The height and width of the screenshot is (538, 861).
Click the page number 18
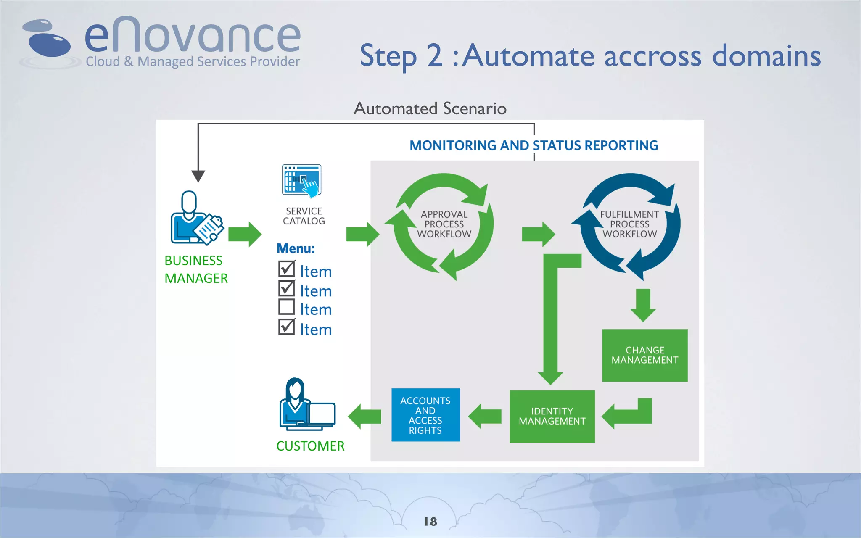pyautogui.click(x=430, y=522)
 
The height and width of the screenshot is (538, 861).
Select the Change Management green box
pyautogui.click(x=644, y=355)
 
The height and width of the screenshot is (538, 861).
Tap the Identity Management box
pyautogui.click(x=552, y=416)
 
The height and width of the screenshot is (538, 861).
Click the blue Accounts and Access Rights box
pyautogui.click(x=425, y=415)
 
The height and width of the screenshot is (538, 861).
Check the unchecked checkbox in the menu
pyautogui.click(x=287, y=307)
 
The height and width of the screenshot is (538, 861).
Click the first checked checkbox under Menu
pyautogui.click(x=287, y=269)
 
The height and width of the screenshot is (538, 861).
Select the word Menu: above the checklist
pyautogui.click(x=296, y=248)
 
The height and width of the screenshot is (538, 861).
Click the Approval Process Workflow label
pyautogui.click(x=444, y=224)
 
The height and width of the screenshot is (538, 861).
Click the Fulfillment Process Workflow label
pyautogui.click(x=629, y=224)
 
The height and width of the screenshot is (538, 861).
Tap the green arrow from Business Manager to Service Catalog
pyautogui.click(x=245, y=234)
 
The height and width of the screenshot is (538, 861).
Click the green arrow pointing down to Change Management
pyautogui.click(x=643, y=305)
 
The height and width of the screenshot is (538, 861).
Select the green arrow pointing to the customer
pyautogui.click(x=364, y=416)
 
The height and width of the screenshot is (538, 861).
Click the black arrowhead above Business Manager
pyautogui.click(x=198, y=176)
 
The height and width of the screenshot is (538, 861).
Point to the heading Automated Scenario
pyautogui.click(x=430, y=108)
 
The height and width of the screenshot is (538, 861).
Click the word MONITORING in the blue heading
pyautogui.click(x=453, y=145)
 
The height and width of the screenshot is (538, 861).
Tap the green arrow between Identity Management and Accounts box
pyautogui.click(x=485, y=416)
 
